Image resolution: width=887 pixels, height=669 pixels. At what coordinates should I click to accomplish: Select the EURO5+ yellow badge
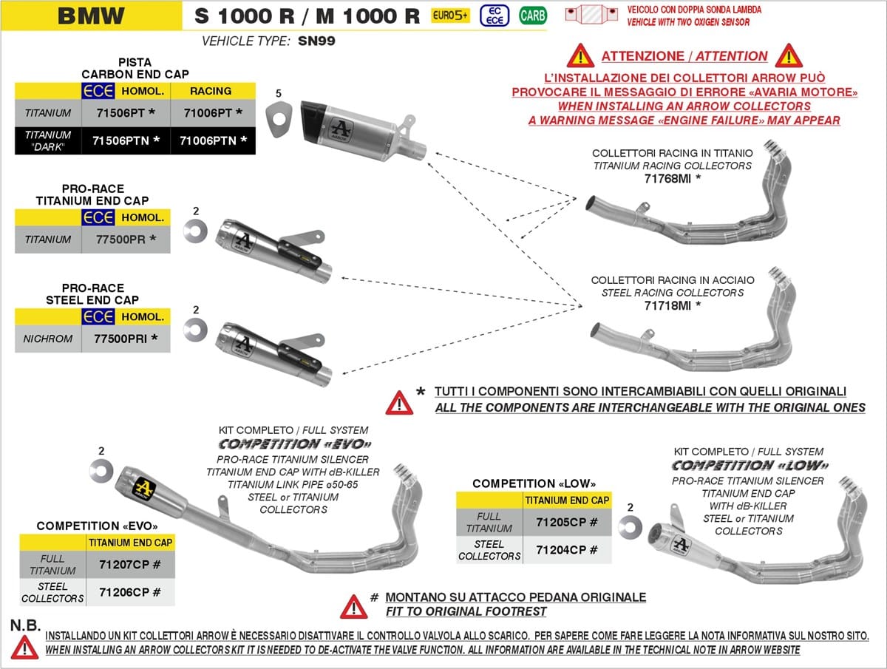point(450,15)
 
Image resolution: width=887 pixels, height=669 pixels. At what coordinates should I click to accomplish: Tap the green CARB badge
point(532,15)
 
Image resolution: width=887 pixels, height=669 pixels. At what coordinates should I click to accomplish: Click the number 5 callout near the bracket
point(279,94)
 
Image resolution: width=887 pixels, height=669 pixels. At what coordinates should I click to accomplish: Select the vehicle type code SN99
point(316,41)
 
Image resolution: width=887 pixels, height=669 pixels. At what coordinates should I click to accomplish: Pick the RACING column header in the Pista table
point(211,91)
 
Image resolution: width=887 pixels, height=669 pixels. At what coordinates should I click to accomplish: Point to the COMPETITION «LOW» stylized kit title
point(750,466)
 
